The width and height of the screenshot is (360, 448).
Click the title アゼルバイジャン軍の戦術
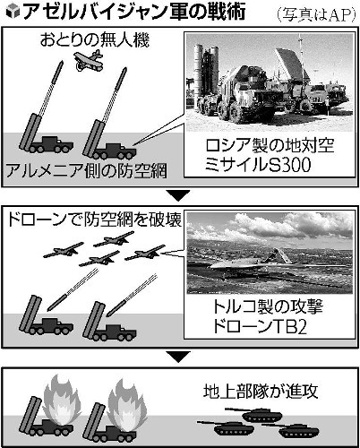click(133, 12)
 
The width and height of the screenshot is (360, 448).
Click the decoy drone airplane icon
click(89, 61)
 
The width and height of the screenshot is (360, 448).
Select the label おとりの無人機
click(95, 40)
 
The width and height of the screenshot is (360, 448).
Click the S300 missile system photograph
click(270, 82)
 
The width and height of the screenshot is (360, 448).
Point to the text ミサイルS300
click(258, 165)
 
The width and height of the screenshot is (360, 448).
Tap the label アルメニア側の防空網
click(87, 171)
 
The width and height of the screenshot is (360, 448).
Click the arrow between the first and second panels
click(178, 196)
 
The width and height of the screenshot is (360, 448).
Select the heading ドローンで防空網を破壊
click(94, 220)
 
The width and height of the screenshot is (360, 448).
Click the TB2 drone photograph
click(270, 254)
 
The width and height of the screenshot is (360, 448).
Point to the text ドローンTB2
click(260, 326)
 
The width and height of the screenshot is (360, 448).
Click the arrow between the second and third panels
click(178, 357)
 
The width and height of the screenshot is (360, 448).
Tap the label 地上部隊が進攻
click(261, 392)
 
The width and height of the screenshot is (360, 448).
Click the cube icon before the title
click(13, 12)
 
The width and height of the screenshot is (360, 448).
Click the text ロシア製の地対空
click(270, 145)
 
